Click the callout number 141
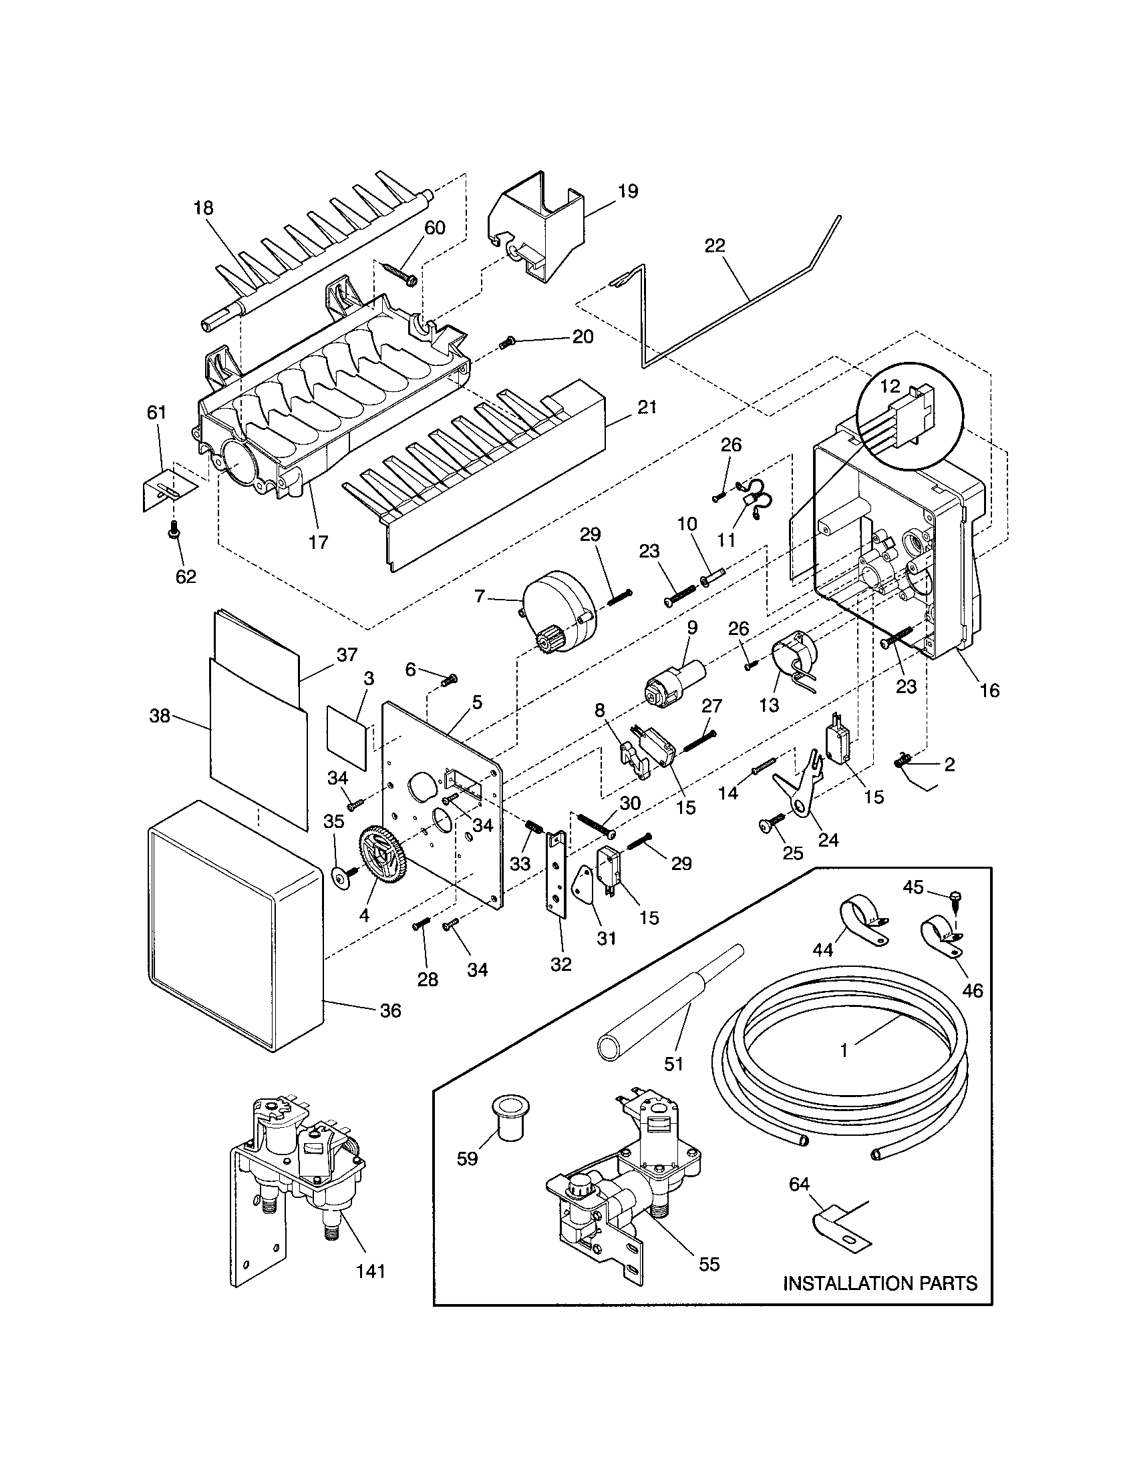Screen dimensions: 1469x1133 (371, 1270)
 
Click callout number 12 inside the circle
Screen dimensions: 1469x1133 (889, 386)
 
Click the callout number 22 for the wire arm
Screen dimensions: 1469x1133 (715, 246)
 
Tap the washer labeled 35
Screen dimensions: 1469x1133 (343, 876)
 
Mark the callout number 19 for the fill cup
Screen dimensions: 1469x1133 (627, 191)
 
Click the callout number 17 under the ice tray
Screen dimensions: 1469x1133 (318, 542)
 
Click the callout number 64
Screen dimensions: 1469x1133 (798, 1184)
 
